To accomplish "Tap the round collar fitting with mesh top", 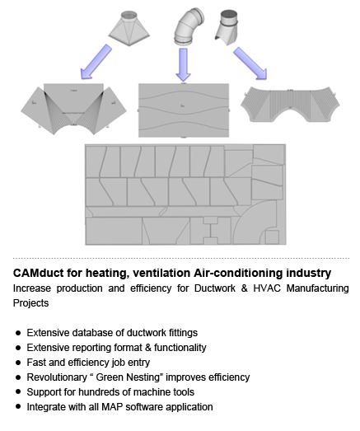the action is [x=227, y=27].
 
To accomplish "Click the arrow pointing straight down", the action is [x=184, y=64].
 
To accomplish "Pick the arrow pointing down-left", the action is [x=96, y=62].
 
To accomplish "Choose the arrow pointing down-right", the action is [x=250, y=63].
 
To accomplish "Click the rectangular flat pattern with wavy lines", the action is [x=184, y=110].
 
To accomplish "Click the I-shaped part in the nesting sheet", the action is [x=211, y=231].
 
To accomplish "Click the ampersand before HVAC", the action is [x=244, y=288].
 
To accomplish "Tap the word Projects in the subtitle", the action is [x=30, y=303].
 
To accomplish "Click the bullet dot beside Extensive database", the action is [x=18, y=333].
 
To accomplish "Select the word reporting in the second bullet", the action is [x=90, y=348].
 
